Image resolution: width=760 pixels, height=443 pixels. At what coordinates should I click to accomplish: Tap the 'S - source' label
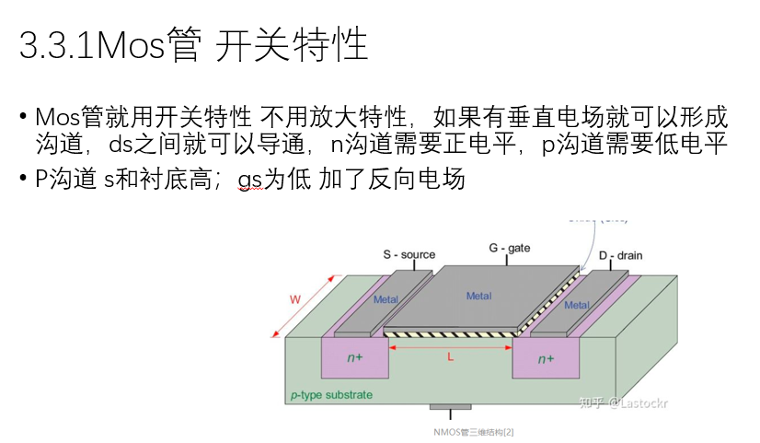click(x=409, y=254)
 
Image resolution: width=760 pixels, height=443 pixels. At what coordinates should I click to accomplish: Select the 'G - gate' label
click(x=509, y=248)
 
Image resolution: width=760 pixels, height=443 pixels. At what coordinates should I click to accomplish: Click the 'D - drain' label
click(x=619, y=254)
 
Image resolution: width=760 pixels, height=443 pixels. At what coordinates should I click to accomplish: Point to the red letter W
click(x=295, y=299)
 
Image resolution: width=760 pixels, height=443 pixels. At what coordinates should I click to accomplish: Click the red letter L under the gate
click(x=450, y=357)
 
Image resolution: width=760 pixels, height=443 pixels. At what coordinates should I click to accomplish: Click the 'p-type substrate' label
click(x=331, y=395)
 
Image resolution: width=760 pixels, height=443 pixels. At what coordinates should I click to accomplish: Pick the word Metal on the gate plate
click(x=478, y=296)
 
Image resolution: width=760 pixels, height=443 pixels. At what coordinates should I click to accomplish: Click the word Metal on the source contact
click(x=386, y=299)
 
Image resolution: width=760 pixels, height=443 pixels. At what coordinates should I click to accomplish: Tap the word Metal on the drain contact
click(x=577, y=305)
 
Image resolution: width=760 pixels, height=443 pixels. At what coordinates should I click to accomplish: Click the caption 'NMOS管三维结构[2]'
click(x=474, y=430)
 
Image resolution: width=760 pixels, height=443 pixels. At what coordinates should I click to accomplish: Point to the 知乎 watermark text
click(x=589, y=402)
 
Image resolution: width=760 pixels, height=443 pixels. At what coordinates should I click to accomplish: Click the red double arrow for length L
click(x=450, y=346)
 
